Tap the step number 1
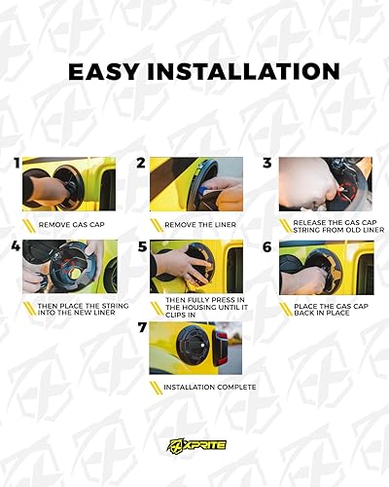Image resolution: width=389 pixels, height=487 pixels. coord(16,163)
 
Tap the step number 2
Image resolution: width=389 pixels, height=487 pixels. coord(141,163)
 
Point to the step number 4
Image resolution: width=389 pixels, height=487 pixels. coord(16,247)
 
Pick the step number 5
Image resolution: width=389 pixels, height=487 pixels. coord(141,247)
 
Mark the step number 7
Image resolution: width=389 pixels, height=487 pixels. coord(141,329)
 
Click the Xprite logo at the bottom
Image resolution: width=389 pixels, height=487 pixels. coord(194,444)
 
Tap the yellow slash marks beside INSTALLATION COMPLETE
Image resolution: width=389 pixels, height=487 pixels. coord(156,387)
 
